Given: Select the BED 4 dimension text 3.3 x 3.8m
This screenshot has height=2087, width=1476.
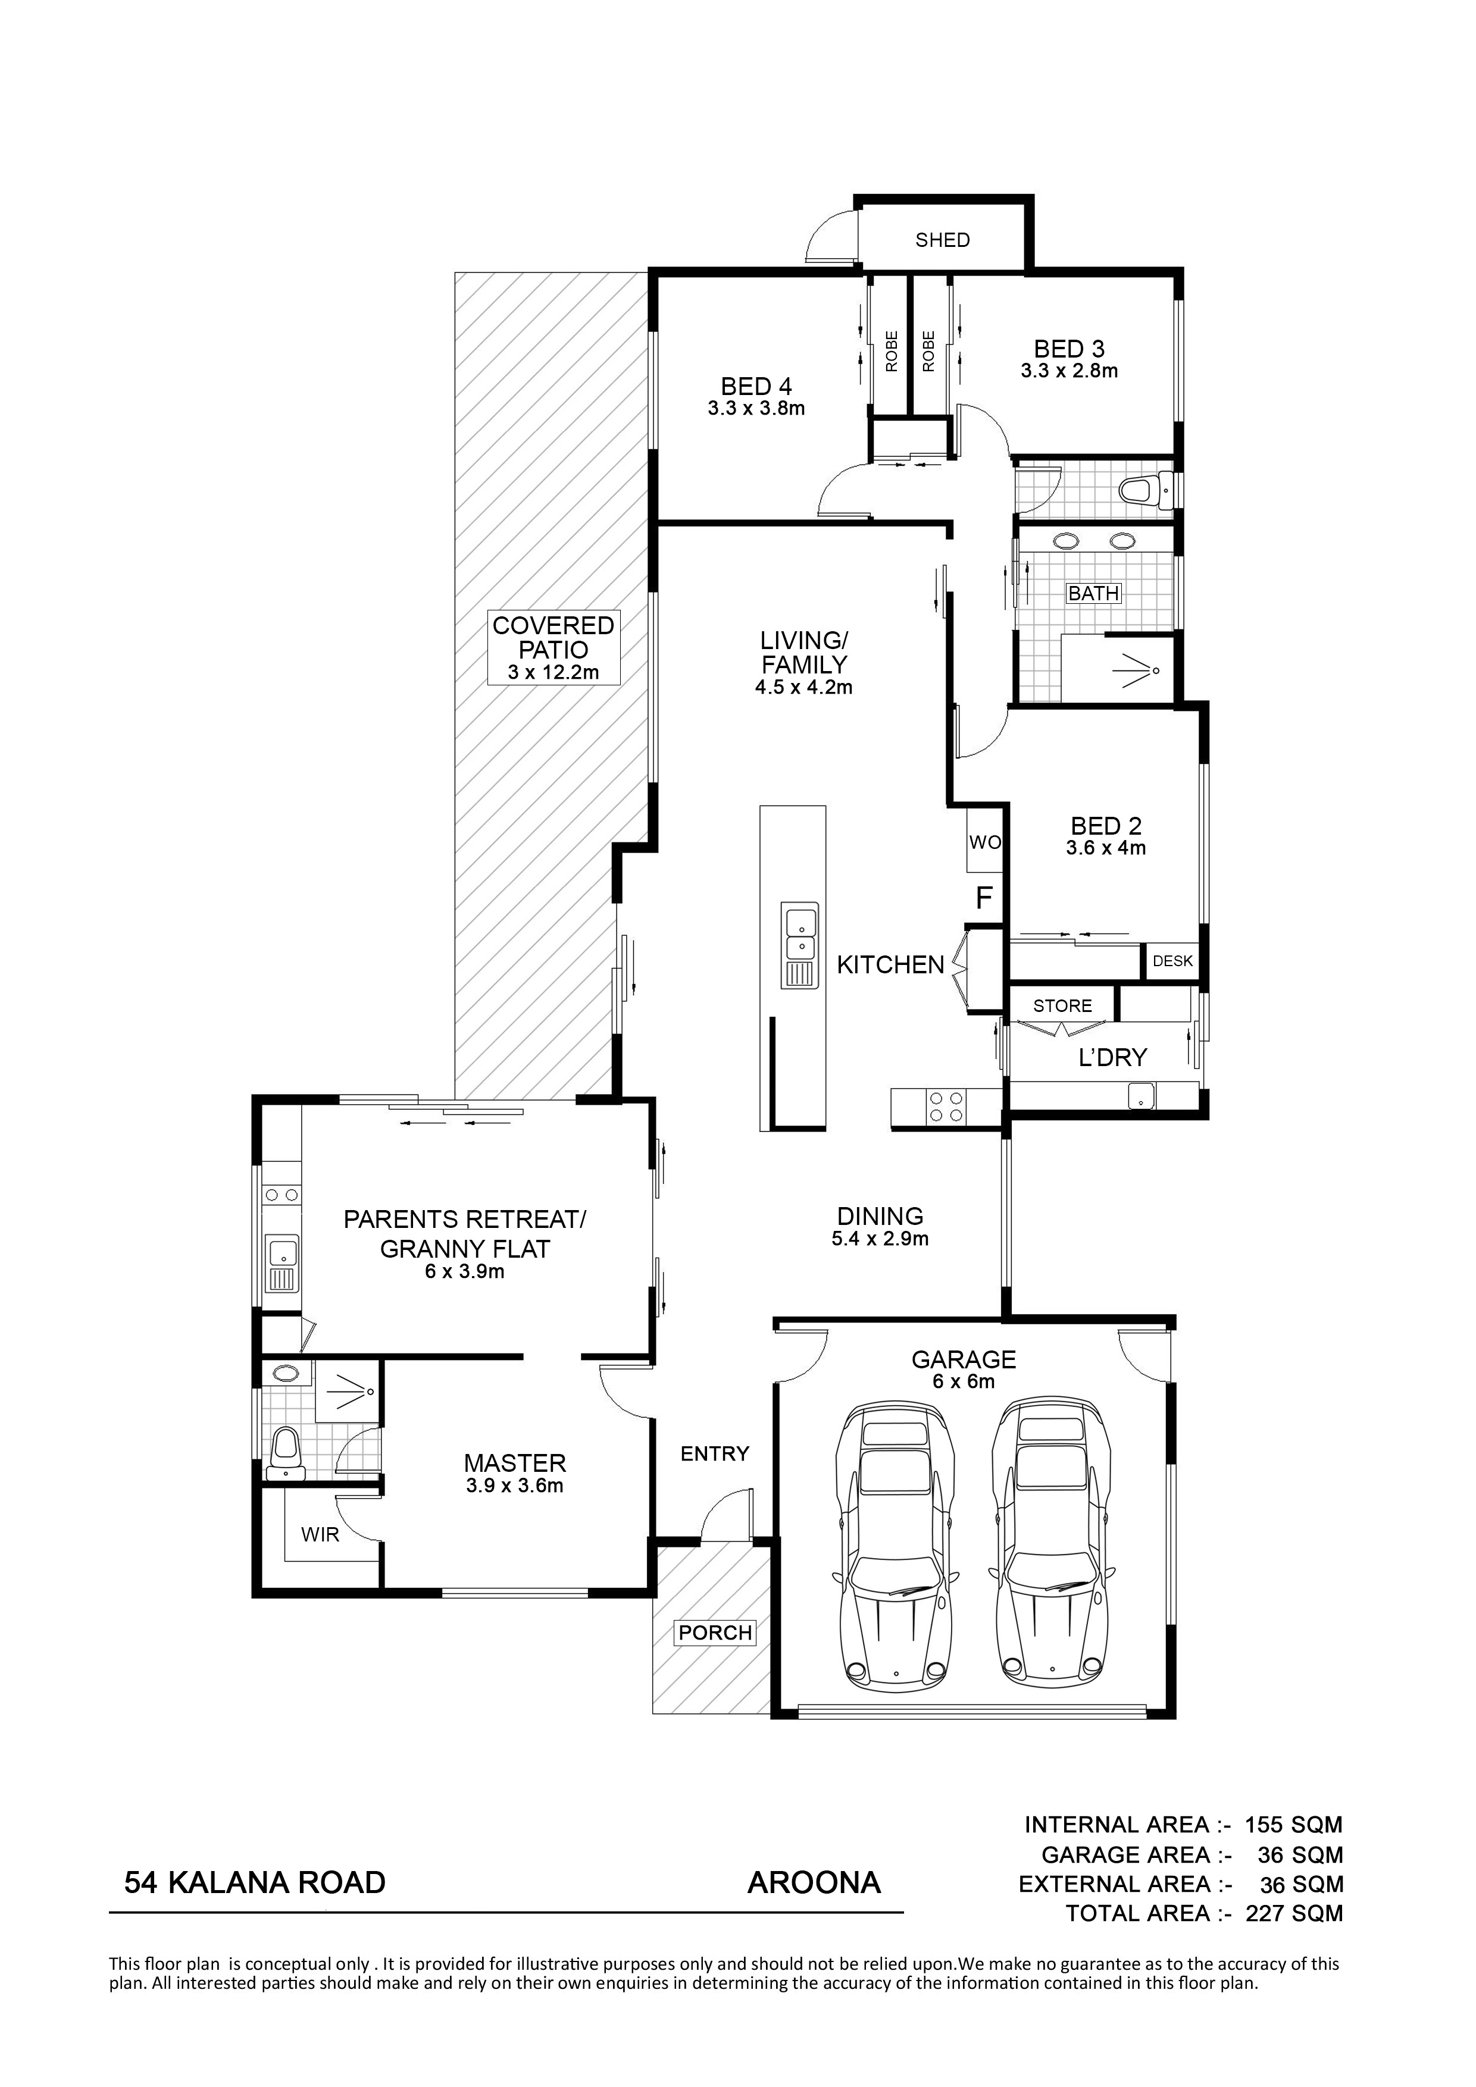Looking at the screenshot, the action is click(x=756, y=409).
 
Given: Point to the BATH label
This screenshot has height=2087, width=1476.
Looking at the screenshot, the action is click(x=1093, y=594).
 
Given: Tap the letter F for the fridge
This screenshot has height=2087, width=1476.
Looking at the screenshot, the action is click(x=983, y=898).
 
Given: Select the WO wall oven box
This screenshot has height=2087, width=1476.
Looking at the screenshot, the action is click(x=984, y=842).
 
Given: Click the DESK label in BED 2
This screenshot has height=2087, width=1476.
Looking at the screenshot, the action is click(x=1172, y=961).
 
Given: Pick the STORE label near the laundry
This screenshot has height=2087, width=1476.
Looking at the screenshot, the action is click(x=1062, y=1006).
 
